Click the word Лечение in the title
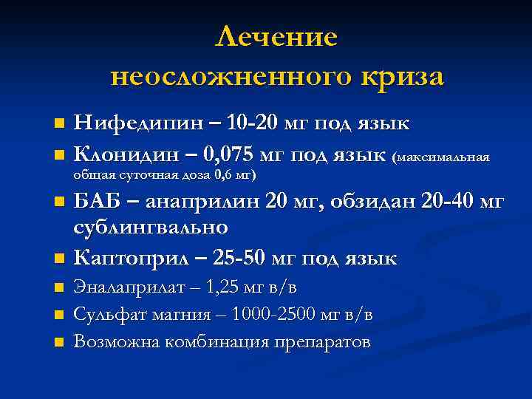(276, 37)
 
